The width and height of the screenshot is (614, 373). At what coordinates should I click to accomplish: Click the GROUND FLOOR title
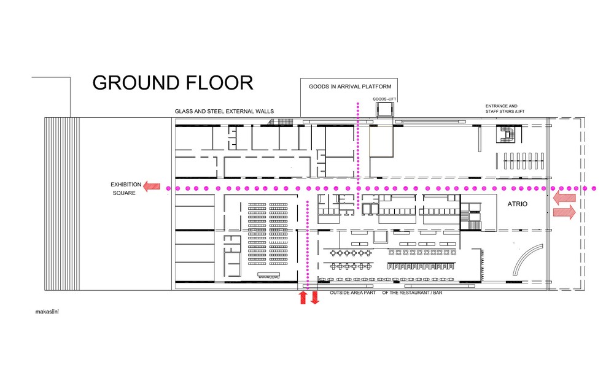(173, 82)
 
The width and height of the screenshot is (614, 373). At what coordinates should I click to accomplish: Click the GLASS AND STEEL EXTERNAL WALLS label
(224, 111)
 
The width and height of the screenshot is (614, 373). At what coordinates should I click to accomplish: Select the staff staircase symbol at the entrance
(508, 133)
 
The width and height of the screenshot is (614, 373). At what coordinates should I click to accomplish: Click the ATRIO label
(519, 203)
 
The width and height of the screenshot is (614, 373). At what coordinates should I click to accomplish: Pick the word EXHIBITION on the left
(126, 184)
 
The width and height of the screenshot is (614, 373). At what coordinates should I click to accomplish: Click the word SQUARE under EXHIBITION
(123, 193)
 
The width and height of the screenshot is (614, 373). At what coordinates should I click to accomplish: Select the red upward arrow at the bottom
(302, 298)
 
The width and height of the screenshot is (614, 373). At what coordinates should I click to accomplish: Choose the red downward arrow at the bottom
(315, 298)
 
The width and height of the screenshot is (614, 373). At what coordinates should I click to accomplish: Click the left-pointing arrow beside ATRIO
(564, 198)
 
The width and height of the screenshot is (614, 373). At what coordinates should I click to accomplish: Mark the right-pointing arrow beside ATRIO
(565, 212)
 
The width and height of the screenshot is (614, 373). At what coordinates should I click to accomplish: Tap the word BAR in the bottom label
(436, 293)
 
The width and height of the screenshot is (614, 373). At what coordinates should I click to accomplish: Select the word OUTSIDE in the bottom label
(341, 293)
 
